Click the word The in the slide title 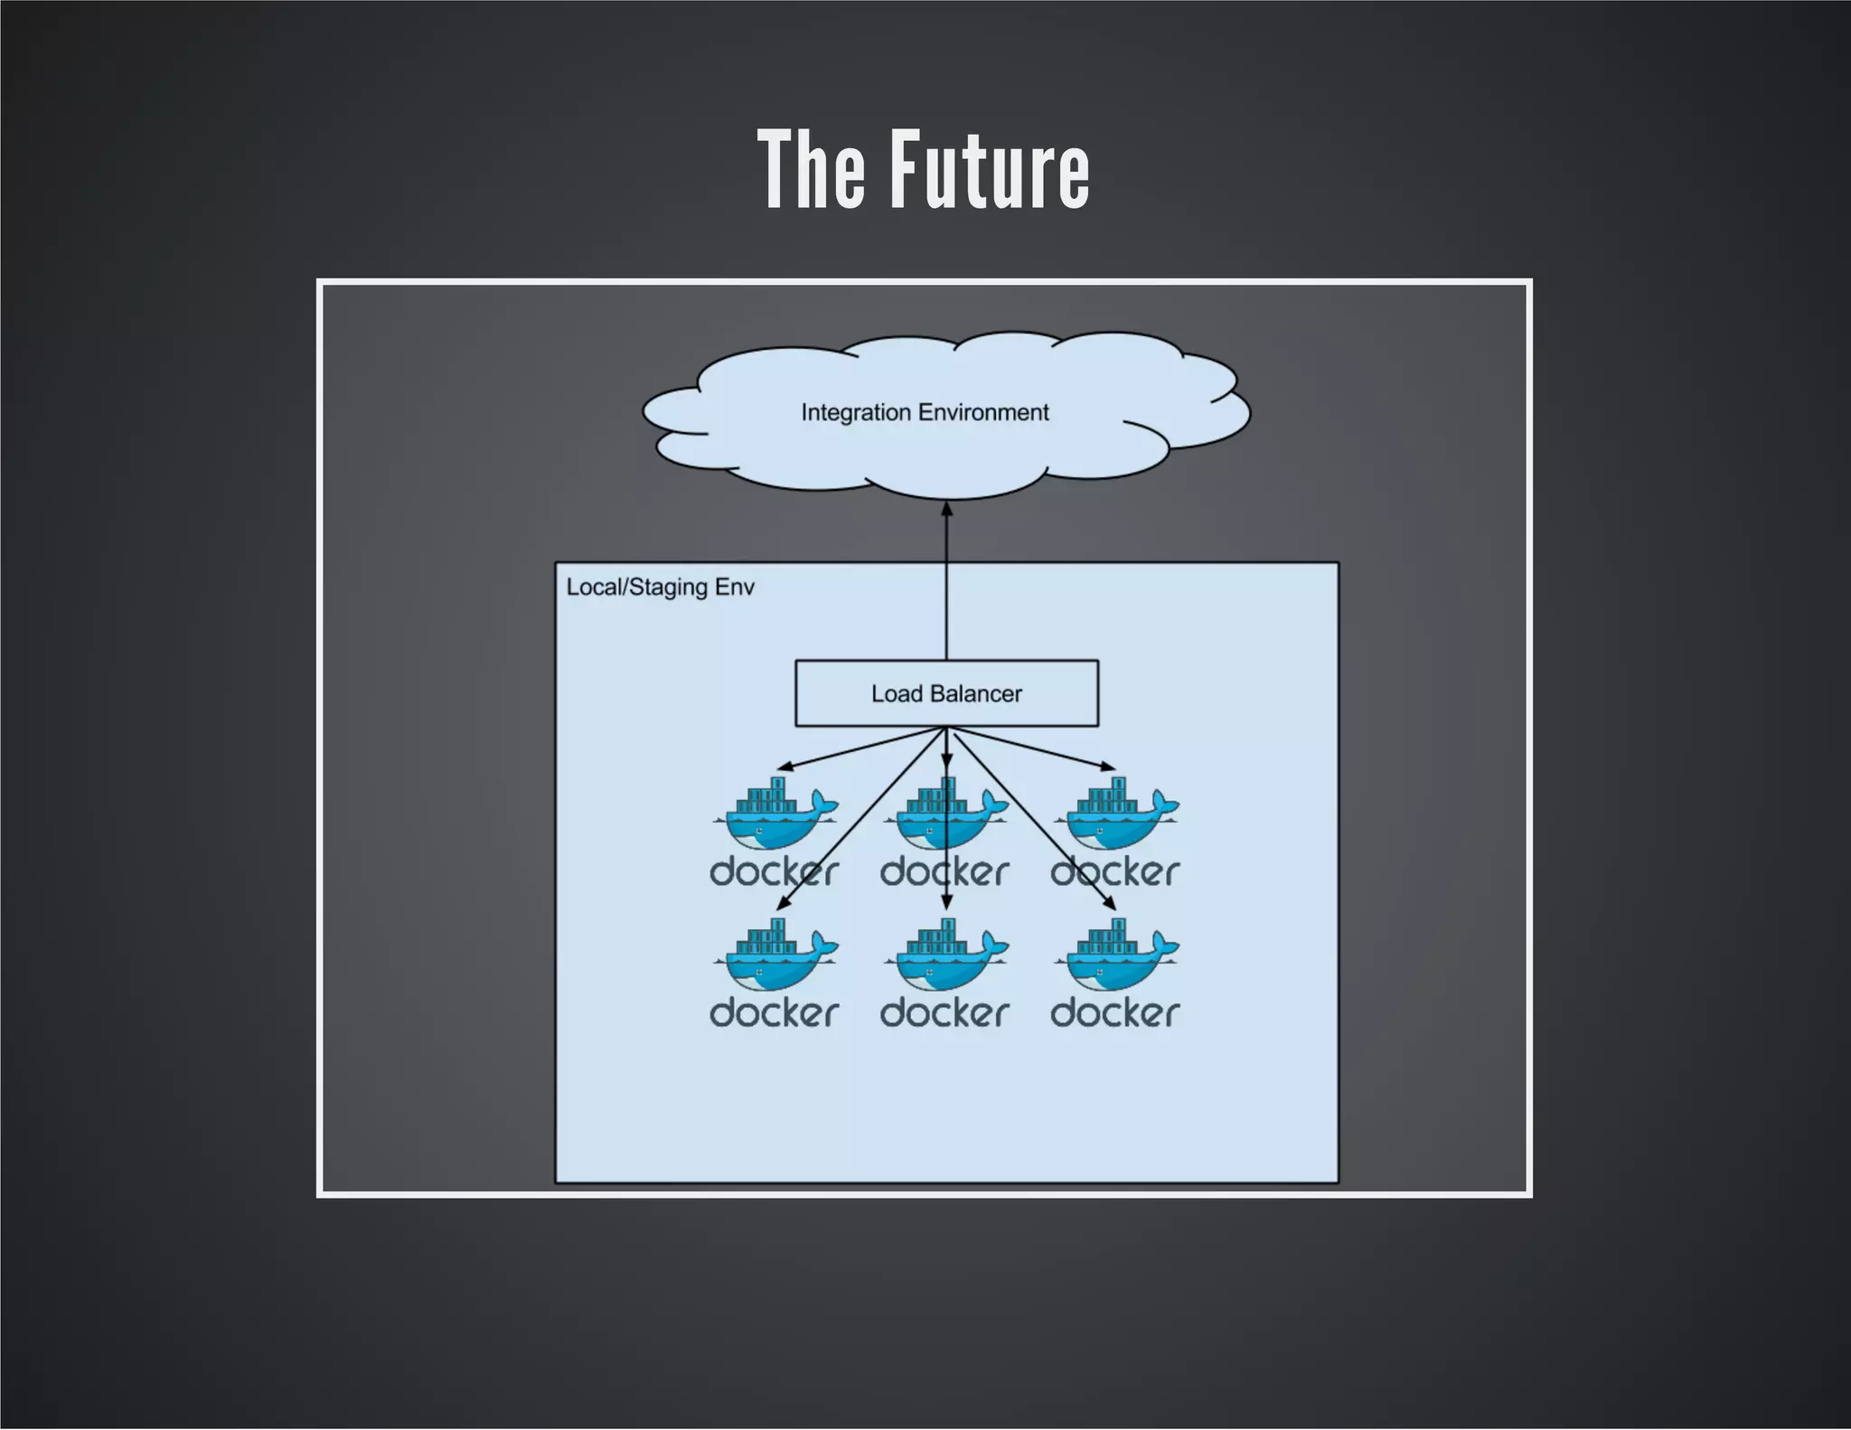point(813,169)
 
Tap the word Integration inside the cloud point(855,412)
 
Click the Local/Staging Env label point(660,588)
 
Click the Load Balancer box point(946,693)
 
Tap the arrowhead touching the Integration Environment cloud point(946,510)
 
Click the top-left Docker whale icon point(775,814)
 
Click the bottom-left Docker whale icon point(775,955)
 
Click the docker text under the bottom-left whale point(774,1013)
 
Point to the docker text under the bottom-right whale point(1114,1013)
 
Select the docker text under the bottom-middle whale point(944,1013)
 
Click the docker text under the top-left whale point(774,872)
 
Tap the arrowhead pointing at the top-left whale point(784,767)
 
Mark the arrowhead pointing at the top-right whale point(1108,767)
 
